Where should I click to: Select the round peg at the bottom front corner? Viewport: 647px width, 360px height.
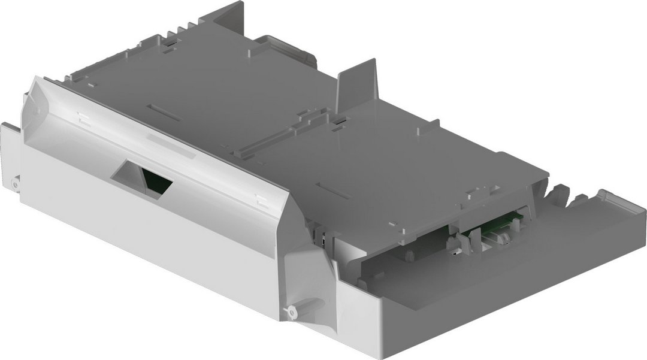point(292,311)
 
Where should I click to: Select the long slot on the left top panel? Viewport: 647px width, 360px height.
point(165,112)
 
